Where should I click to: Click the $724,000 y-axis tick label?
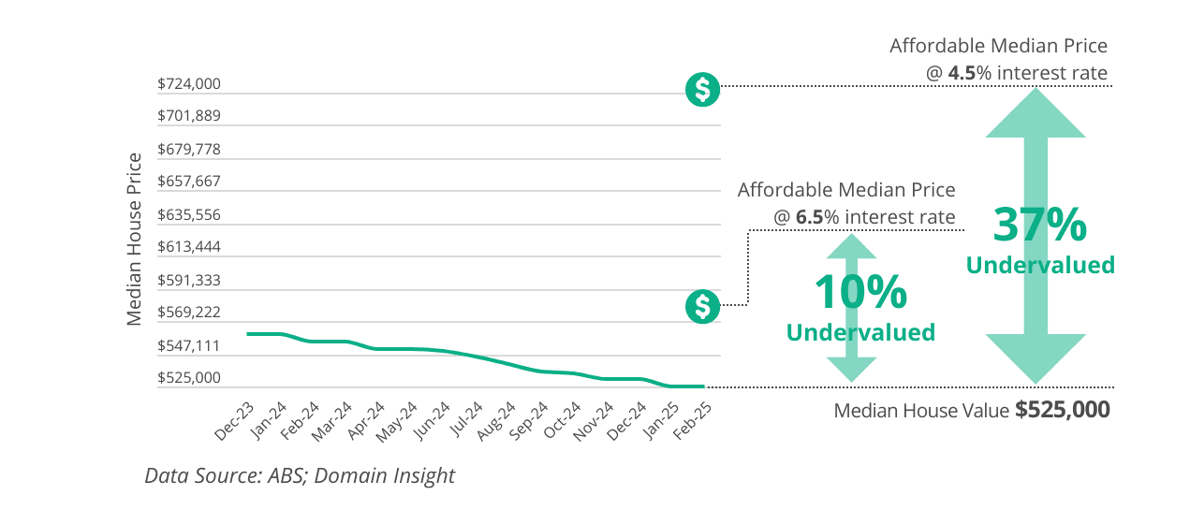coord(189,84)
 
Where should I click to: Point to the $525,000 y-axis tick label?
coord(189,378)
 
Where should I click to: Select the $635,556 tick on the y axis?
coord(189,214)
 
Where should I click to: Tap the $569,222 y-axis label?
coord(189,313)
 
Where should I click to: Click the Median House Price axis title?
coord(135,239)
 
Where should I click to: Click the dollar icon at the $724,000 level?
coord(702,90)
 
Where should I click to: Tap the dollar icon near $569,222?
coord(702,306)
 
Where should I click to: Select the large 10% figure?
coord(859,293)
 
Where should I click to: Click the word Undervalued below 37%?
coord(1040,266)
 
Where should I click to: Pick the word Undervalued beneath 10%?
coord(860,332)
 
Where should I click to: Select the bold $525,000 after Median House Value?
coord(1063,410)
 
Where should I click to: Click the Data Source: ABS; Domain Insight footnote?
coord(300,475)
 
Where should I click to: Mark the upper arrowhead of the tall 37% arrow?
coord(1036,111)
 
